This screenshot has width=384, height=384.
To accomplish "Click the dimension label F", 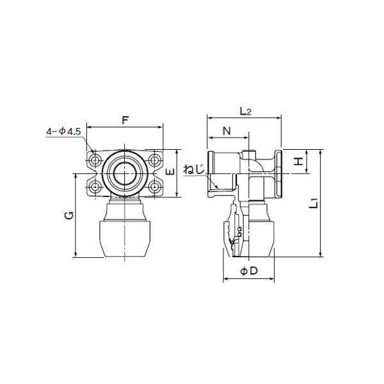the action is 125,120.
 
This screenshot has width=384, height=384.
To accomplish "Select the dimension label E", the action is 170,172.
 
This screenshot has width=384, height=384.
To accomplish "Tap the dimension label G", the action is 69,215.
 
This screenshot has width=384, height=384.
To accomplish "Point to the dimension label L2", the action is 246,111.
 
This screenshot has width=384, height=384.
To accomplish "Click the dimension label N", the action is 227,131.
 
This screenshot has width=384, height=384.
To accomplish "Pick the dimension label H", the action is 298,161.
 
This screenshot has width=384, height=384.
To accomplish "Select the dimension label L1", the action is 314,204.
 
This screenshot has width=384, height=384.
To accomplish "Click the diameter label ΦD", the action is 249,271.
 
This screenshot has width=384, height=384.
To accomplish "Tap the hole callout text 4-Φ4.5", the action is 63,132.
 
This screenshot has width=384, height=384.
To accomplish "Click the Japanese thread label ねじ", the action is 194,170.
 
